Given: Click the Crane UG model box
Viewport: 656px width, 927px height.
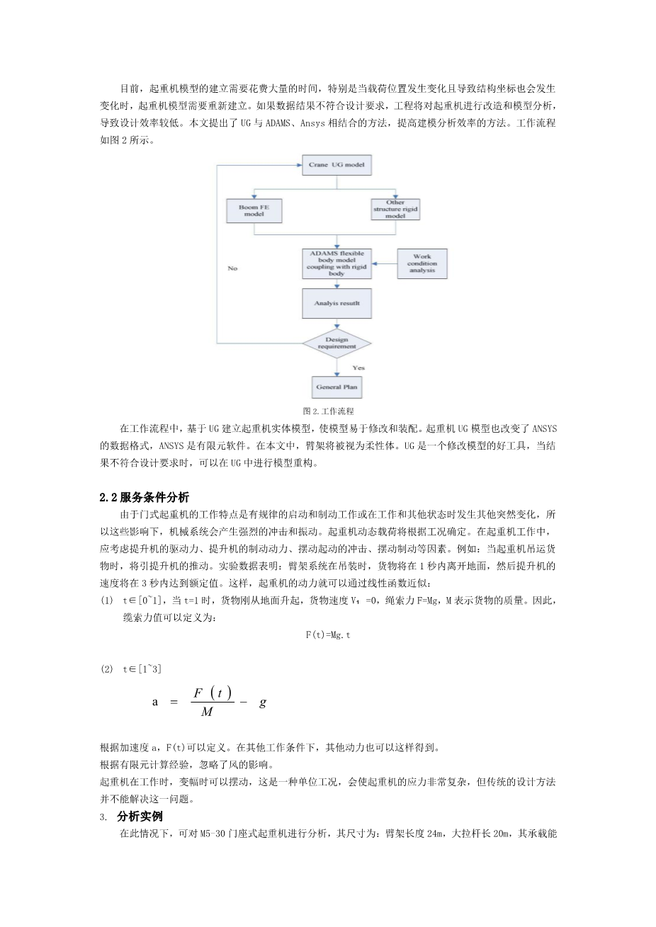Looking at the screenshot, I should click(x=336, y=165).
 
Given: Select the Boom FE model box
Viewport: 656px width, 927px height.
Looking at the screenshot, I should click(x=254, y=210).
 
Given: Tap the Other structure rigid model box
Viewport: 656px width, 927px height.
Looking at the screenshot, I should click(x=395, y=210).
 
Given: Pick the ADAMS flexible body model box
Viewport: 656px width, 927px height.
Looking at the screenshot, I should click(x=336, y=263).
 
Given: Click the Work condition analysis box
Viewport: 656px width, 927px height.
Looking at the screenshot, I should click(x=422, y=263).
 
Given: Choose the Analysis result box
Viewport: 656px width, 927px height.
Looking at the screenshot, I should click(x=336, y=303).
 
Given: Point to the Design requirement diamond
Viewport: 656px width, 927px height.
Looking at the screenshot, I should click(x=337, y=343).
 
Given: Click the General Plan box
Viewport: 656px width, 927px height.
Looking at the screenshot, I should click(x=337, y=387).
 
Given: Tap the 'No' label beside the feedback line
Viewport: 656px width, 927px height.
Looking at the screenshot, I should click(x=232, y=268).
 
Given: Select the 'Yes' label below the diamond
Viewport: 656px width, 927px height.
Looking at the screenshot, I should click(x=358, y=368).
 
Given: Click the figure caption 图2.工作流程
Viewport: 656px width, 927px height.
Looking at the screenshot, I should click(x=327, y=411).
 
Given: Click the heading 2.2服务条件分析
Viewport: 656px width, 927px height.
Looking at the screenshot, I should click(x=145, y=497).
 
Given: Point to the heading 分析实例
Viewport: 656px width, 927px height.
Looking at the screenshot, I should click(x=140, y=817).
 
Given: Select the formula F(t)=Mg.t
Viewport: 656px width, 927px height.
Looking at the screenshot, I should click(x=328, y=635).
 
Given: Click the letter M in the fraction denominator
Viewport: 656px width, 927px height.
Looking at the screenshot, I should click(x=207, y=712).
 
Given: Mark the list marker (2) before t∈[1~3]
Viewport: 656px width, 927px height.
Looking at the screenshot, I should click(x=106, y=669).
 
